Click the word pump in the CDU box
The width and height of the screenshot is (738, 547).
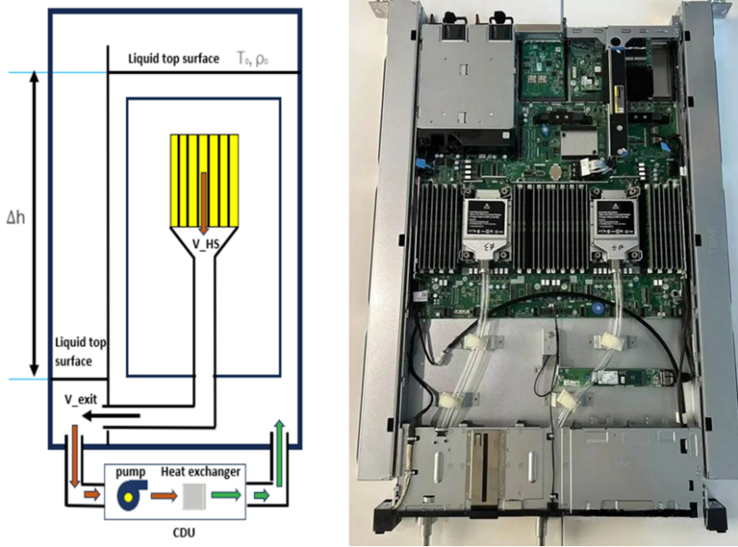130,470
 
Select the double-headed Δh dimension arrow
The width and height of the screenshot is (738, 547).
35,223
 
